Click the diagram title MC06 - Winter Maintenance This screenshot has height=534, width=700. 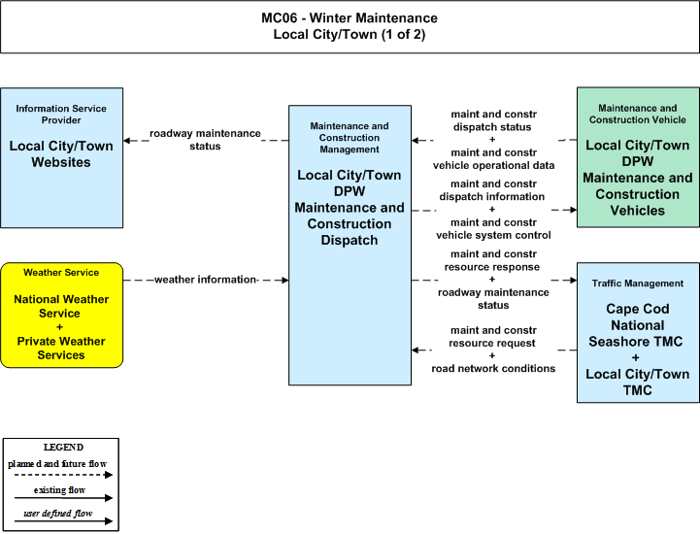[x=350, y=17]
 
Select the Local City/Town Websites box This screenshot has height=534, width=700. [x=61, y=157]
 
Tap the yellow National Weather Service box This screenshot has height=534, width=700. [x=61, y=316]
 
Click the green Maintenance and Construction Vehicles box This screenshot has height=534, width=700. [x=638, y=157]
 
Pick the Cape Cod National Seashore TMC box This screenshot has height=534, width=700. [x=638, y=333]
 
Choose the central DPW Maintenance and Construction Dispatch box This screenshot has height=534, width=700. [x=350, y=245]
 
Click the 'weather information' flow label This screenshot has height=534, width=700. [x=206, y=280]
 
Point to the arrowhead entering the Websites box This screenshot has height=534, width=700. [x=127, y=141]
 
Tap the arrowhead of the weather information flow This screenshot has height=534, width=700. [x=284, y=280]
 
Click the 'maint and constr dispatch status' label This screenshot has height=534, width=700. [x=493, y=120]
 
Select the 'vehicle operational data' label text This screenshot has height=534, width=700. [x=493, y=166]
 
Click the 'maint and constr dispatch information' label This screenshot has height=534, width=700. [x=492, y=190]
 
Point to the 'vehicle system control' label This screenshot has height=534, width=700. [x=493, y=235]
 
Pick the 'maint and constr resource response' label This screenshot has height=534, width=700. [x=493, y=260]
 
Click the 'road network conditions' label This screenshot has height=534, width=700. [x=493, y=368]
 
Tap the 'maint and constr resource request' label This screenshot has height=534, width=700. [x=493, y=337]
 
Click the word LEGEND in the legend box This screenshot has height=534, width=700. [x=63, y=448]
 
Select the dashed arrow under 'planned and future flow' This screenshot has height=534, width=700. [x=63, y=475]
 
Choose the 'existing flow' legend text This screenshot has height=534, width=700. [x=59, y=490]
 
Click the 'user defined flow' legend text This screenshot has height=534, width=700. [x=58, y=514]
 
